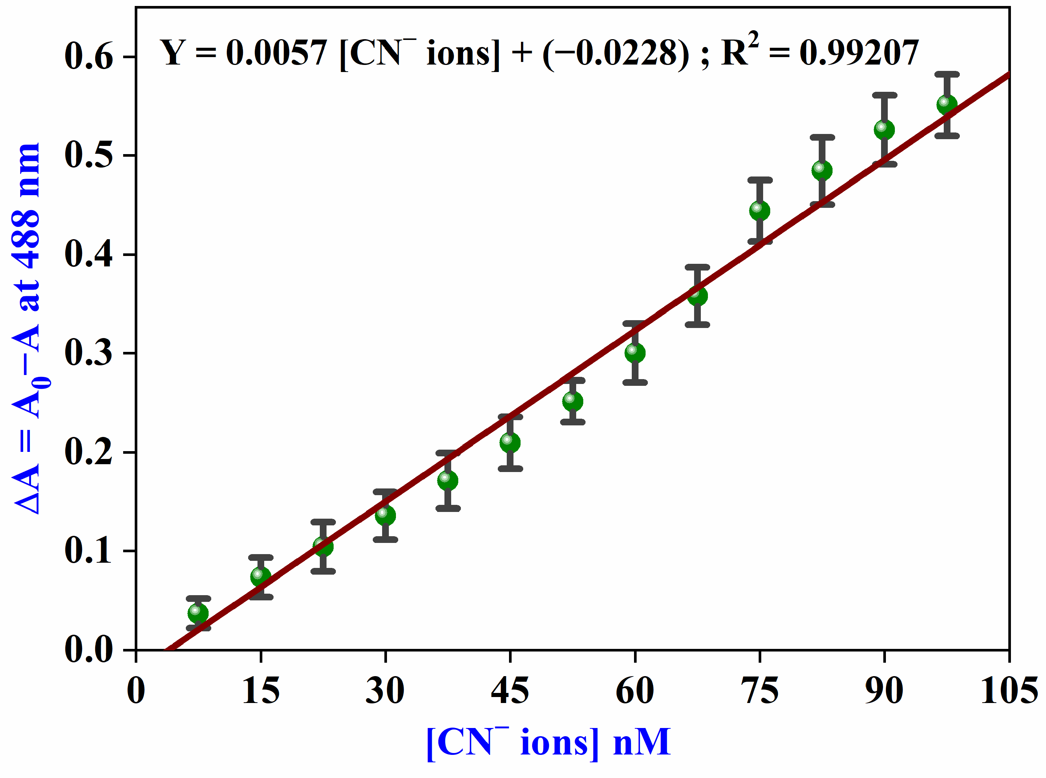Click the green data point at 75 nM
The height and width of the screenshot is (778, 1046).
[759, 210]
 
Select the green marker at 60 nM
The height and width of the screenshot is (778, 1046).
[635, 353]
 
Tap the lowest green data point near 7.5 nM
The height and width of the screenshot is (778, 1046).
[198, 613]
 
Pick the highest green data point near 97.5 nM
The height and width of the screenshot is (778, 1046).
[947, 104]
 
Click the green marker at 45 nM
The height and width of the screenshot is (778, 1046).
[510, 442]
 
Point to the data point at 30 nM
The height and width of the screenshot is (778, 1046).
[385, 515]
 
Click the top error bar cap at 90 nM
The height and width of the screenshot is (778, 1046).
[884, 95]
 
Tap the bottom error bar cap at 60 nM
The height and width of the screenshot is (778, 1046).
[635, 382]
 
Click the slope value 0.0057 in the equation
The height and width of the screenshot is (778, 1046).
[277, 53]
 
